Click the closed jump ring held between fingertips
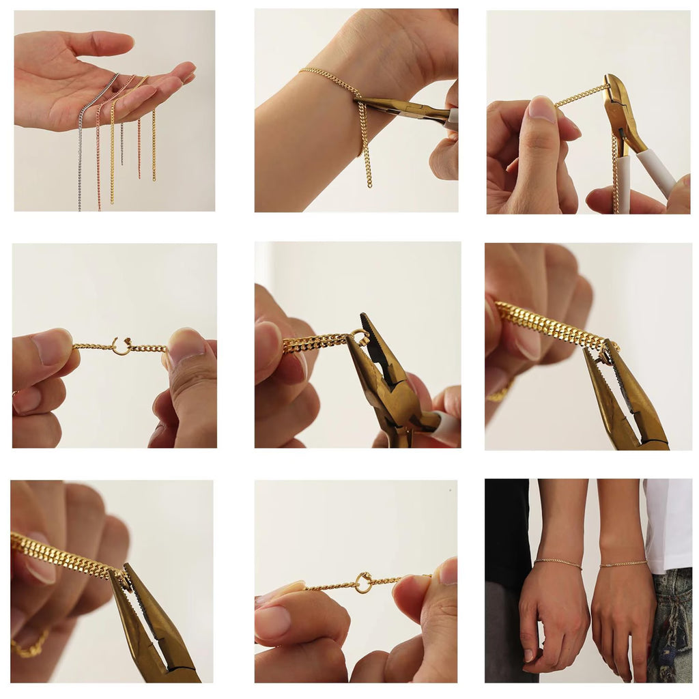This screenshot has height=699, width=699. (364, 582)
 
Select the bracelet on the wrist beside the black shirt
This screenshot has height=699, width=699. (558, 563)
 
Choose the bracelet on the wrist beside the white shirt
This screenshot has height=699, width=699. (623, 564)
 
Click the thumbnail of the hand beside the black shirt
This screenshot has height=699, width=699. (529, 655)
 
